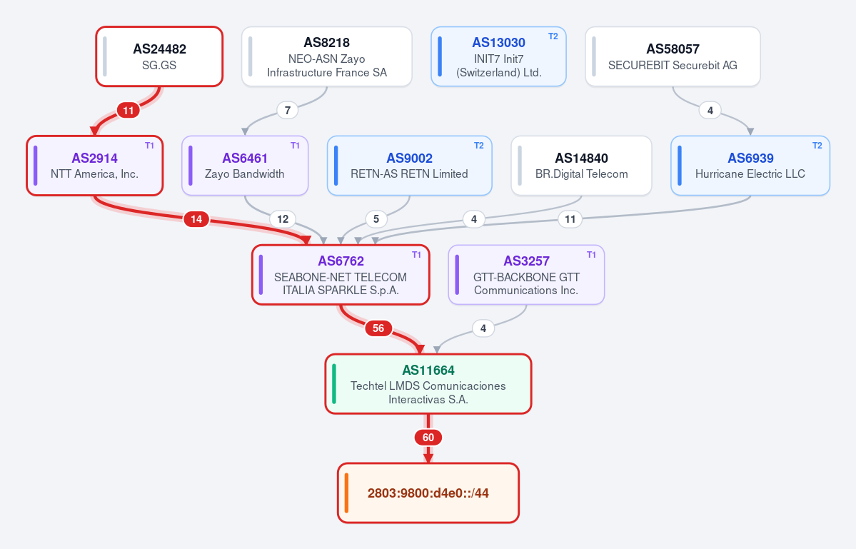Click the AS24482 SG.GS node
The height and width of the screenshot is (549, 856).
pos(159,56)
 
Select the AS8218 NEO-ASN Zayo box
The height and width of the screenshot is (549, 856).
pos(326,56)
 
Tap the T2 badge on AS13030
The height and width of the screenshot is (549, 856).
pos(553,36)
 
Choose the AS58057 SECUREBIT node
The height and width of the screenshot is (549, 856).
pos(673,56)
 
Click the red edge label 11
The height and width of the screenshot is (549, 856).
pos(129,111)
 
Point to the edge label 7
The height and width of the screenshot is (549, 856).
pos(288,110)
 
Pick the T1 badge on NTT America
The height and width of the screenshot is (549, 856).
pos(150,146)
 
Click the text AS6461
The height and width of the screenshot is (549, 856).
pos(245,158)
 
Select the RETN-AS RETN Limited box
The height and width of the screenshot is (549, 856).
pos(410,166)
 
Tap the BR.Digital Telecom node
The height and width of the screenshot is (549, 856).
pos(581,166)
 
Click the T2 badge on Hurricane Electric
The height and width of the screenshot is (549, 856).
pos(817,146)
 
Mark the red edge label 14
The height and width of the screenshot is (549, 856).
pos(196,219)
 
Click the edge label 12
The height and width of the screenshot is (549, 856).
pos(283,219)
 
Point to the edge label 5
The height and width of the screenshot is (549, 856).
pos(376,219)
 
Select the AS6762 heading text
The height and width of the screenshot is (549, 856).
pos(341,261)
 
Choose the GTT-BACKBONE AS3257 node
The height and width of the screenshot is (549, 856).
pos(526,274)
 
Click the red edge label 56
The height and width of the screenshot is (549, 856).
pos(378,328)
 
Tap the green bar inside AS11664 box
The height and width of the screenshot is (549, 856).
pos(334,383)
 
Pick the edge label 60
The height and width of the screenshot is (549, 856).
pos(428,438)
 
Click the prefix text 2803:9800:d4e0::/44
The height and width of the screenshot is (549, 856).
pos(428,493)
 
